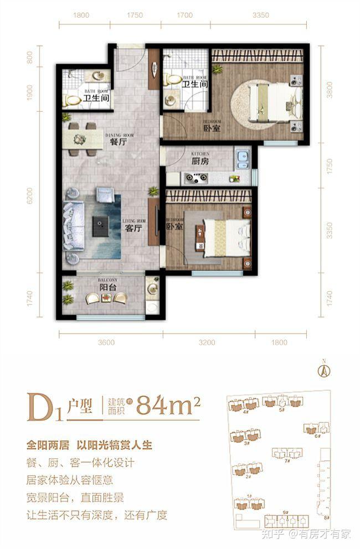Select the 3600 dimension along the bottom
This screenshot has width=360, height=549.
[x=106, y=343]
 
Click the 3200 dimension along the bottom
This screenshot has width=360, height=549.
[x=207, y=343]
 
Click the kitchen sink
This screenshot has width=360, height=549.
[x=241, y=160]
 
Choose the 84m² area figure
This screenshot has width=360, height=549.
[x=167, y=406]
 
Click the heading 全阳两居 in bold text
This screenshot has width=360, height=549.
[x=52, y=444]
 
